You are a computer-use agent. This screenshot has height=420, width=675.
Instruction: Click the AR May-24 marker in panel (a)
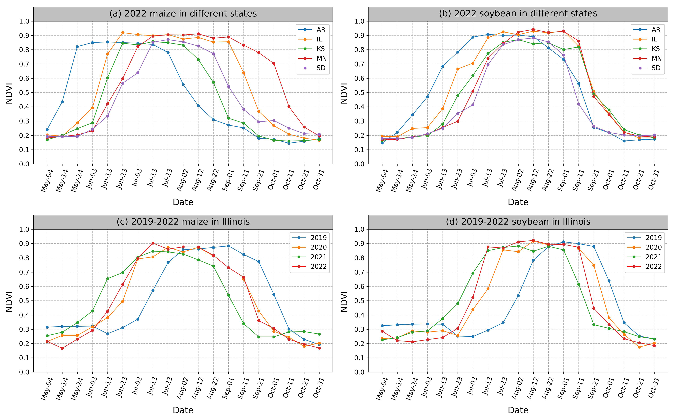[x=77, y=47]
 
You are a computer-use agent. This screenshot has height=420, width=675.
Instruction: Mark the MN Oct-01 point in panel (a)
[x=274, y=64]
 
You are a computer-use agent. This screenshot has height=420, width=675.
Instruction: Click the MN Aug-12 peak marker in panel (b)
[x=533, y=29]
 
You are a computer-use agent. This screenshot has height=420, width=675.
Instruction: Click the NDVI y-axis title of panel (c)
[x=9, y=301]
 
